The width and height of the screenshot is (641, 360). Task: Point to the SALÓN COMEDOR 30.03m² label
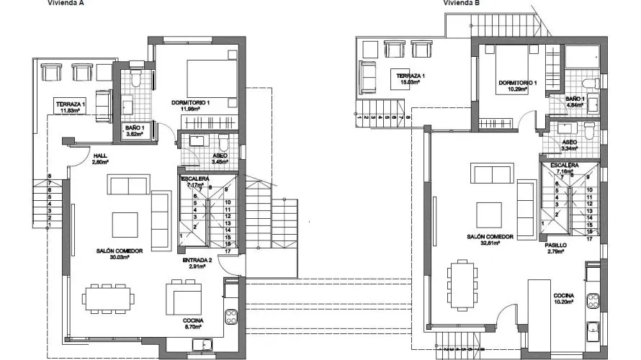(120, 253)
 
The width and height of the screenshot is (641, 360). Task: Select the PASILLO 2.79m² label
(555, 248)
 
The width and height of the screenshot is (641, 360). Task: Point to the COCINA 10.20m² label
(563, 298)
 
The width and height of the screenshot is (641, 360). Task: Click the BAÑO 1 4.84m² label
(575, 102)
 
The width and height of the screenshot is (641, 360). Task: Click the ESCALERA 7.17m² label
(195, 182)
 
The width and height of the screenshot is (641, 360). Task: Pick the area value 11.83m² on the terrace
(71, 111)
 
